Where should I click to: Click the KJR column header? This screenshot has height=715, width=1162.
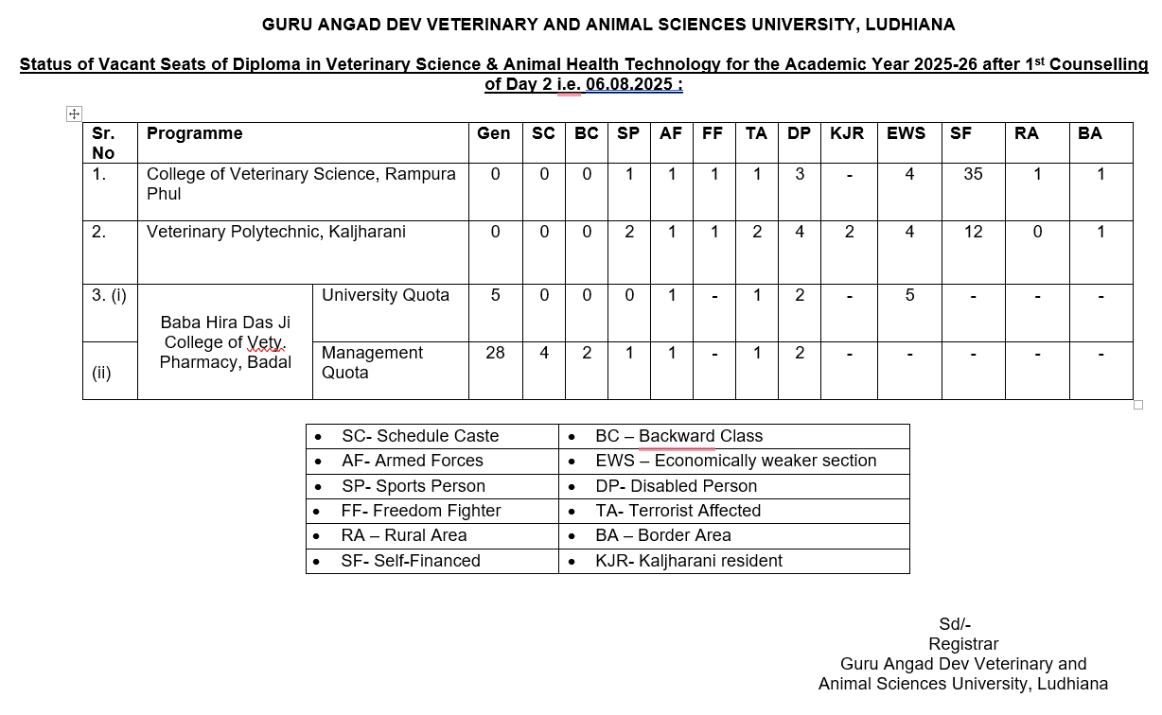point(847,133)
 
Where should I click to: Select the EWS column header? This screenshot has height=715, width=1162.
point(906,133)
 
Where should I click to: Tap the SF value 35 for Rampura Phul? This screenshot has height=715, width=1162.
point(973,174)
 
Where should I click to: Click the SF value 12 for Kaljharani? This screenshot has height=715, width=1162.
point(973,232)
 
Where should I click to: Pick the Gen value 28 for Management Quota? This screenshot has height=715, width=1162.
point(495,353)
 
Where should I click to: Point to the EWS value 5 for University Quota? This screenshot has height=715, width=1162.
point(909,295)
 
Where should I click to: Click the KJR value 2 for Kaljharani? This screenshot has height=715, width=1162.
point(850,232)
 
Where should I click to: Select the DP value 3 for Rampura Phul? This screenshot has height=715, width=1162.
point(800,174)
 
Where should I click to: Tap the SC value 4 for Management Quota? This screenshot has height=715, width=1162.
point(543,353)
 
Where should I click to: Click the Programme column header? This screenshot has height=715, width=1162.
point(194,133)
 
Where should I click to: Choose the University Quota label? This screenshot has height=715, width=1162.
point(385,295)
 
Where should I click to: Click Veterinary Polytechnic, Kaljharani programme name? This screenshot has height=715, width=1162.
point(275,232)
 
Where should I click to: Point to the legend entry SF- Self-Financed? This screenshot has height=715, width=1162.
point(411,561)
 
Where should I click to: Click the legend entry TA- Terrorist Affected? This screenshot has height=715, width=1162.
point(678,511)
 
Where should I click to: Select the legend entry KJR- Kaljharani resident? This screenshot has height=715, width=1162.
point(688,561)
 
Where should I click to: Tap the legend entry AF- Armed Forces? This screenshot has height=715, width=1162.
point(412,461)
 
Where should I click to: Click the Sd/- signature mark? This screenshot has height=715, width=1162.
point(954,624)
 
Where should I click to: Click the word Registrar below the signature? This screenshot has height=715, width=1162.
point(962,644)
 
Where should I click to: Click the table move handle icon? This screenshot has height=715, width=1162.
point(74,113)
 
